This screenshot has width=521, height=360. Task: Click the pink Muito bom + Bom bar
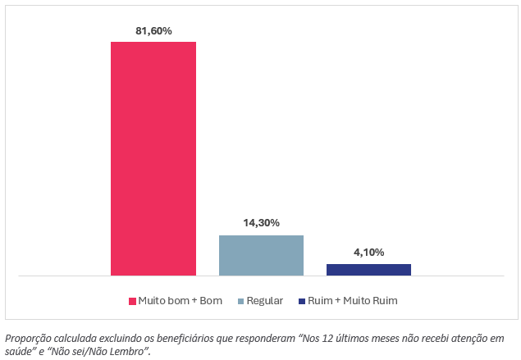[153, 157]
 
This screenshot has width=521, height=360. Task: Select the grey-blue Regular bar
[261, 255]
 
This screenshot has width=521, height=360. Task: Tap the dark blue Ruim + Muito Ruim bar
[368, 269]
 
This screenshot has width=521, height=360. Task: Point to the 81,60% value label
[153, 31]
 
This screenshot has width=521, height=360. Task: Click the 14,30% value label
[261, 223]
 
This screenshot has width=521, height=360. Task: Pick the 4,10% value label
[368, 252]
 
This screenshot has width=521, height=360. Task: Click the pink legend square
[132, 301]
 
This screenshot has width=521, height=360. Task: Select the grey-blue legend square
[240, 301]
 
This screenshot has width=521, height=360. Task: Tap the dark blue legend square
[301, 301]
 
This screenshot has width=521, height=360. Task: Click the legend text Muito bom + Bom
[181, 301]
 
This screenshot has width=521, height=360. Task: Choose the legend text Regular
[265, 301]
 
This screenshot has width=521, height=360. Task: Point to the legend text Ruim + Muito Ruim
[353, 301]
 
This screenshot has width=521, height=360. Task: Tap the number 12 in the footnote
[330, 338]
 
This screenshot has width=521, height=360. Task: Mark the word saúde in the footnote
[20, 351]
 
